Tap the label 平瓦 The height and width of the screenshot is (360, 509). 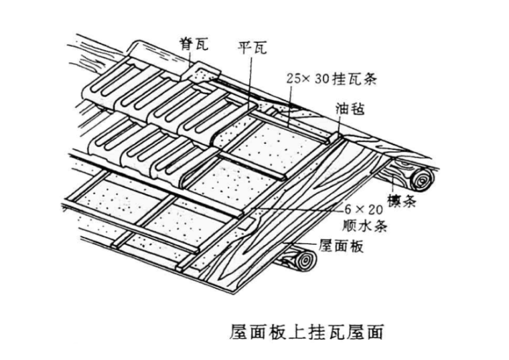coord(252,48)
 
